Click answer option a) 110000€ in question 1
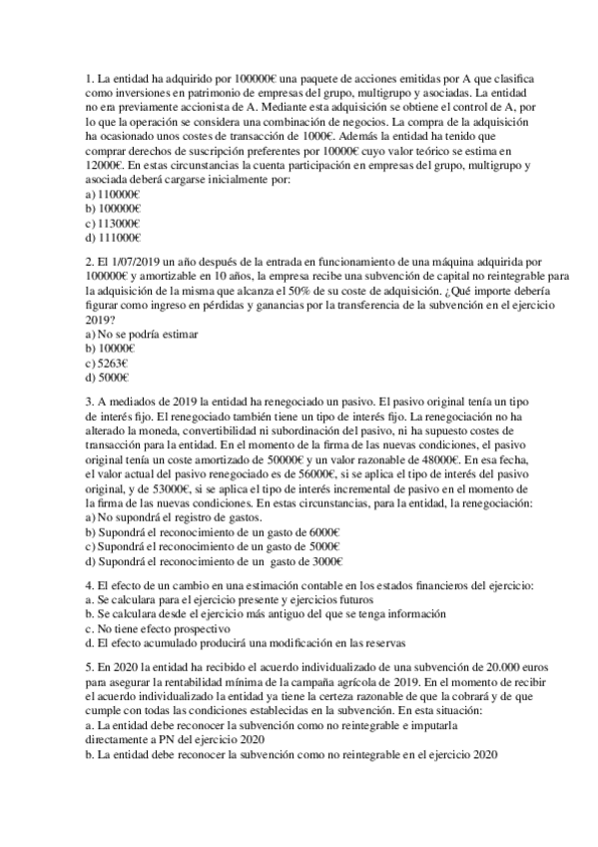[x=113, y=194]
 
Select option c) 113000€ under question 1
[x=113, y=223]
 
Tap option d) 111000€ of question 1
[x=113, y=238]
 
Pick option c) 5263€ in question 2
[x=109, y=364]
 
